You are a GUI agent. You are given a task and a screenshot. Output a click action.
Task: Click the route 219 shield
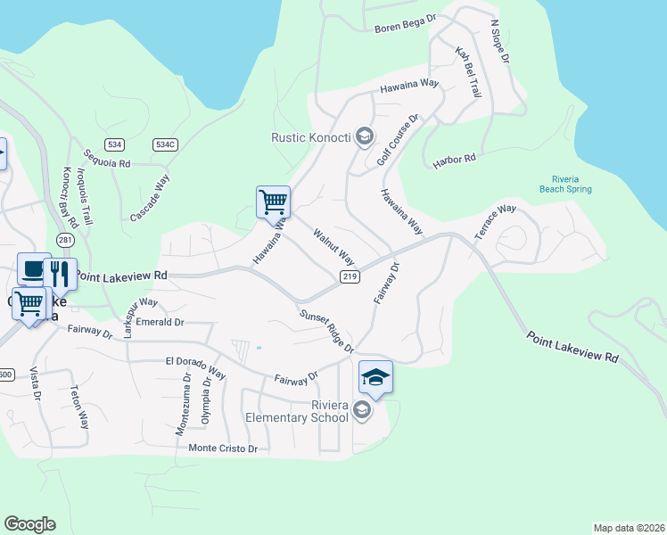point(350,277)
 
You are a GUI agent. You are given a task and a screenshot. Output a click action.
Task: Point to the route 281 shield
point(64,240)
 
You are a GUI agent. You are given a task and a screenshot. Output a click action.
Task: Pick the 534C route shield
point(165,144)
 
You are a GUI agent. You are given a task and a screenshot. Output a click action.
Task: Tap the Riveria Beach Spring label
point(565,183)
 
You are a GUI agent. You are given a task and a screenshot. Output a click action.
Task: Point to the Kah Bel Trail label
point(468,72)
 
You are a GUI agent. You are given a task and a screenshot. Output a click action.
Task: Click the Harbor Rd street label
point(455,160)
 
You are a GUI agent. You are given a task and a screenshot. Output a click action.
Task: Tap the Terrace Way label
point(495,220)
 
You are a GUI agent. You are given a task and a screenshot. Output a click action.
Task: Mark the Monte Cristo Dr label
point(223,449)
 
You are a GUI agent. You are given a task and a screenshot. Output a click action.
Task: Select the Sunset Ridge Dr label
point(326,330)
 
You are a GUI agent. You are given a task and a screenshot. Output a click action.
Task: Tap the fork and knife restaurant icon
point(60,274)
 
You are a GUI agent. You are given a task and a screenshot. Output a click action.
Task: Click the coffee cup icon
point(34,269)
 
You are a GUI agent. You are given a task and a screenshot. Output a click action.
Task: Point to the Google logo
point(29,524)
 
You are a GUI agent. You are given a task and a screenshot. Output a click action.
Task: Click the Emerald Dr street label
point(161,322)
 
